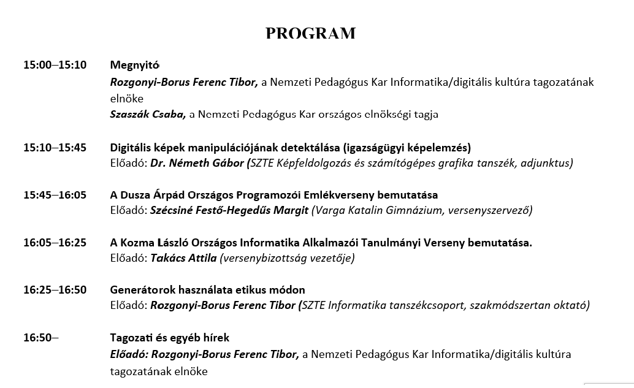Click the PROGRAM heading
coord(310,33)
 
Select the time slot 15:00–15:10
coord(55,65)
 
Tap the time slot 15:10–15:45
coord(55,148)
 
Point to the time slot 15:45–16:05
coord(55,196)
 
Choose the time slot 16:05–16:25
coord(55,243)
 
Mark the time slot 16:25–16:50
coord(55,290)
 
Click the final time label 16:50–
coord(41,338)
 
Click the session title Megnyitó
coord(135,65)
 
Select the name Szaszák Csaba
coord(148,114)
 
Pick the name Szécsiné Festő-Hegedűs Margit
coord(229,210)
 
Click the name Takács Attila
coord(183,258)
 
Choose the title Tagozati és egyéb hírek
coord(170,338)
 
